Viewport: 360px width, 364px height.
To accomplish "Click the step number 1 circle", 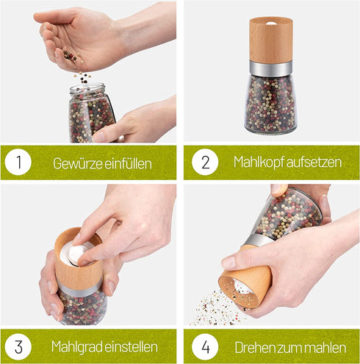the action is (x=18, y=162).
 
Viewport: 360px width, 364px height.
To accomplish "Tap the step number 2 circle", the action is (x=205, y=162).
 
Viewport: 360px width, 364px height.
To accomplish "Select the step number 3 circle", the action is (x=18, y=346).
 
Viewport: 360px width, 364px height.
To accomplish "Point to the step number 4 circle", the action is (x=205, y=346).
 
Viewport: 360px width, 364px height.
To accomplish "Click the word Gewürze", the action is (x=78, y=163).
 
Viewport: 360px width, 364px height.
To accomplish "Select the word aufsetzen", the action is (x=314, y=163).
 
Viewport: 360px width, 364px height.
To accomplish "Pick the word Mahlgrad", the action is (x=77, y=347).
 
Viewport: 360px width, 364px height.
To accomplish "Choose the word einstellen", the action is (x=131, y=347).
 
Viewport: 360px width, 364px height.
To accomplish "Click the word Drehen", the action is (x=253, y=348).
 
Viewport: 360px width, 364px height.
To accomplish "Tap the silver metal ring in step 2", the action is (x=271, y=68).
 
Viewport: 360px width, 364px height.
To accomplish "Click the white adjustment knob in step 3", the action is (x=76, y=253).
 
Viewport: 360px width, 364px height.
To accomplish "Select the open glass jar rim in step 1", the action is (x=87, y=88).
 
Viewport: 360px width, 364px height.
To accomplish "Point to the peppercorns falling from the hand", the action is (x=84, y=77).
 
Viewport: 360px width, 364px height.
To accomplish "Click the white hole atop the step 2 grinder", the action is (x=271, y=24).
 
